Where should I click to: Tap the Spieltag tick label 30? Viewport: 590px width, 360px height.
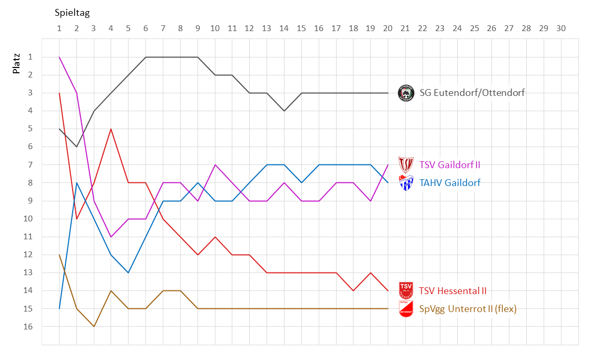560,28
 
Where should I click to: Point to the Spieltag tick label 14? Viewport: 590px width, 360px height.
284,28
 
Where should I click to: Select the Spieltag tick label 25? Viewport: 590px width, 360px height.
474,28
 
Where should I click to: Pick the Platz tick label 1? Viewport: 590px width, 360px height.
31,57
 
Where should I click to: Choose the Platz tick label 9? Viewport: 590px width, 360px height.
31,201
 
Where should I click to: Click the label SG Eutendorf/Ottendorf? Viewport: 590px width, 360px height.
472,93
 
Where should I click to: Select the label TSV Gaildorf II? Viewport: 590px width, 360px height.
449,165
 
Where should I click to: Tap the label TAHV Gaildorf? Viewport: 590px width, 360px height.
449,183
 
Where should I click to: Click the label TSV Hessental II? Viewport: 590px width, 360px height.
453,290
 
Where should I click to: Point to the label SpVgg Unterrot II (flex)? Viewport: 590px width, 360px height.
468,309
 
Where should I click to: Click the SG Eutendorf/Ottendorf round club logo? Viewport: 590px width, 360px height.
406,93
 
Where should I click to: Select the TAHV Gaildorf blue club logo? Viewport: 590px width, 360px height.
406,183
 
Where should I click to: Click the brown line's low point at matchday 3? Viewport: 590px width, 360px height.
94,326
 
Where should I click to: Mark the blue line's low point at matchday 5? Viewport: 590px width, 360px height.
129,273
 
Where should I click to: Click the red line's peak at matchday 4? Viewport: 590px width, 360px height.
111,129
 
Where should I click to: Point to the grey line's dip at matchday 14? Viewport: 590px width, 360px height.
284,111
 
